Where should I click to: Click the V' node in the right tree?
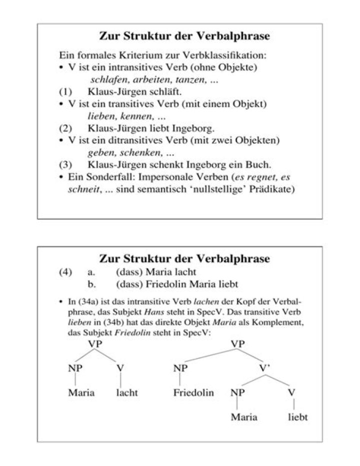tap(265, 368)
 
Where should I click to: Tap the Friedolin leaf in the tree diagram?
tap(193, 393)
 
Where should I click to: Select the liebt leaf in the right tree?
tap(297, 417)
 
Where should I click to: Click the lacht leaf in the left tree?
tap(126, 393)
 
